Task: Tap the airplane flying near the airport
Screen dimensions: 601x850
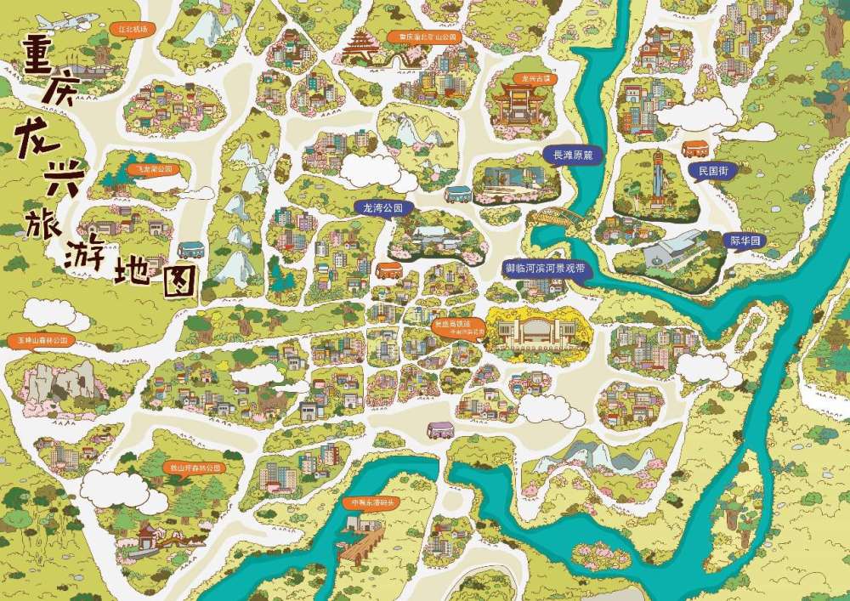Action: coord(55,20)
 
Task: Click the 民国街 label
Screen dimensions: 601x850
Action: coord(712,171)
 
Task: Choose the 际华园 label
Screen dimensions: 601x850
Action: coord(744,241)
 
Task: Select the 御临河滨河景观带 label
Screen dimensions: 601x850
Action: coord(545,267)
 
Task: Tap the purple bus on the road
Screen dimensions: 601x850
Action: coord(439,430)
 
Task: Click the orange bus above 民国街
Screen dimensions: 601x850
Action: coord(695,148)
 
